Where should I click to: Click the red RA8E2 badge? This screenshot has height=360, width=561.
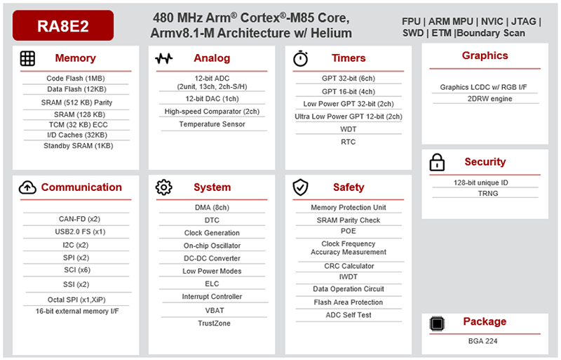pos(63,25)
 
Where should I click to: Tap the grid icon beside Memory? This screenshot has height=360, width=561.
pos(27,58)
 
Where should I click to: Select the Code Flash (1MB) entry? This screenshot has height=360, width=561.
pos(75,79)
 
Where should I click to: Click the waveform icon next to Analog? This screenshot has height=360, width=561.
pos(163,58)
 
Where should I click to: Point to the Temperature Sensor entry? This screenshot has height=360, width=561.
pos(212,124)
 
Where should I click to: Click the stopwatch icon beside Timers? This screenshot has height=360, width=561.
pos(300,58)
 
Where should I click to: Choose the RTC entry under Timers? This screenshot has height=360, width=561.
pos(349,142)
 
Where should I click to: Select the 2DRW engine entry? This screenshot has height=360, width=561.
pos(485,99)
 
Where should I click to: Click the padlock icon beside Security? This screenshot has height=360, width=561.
pos(437,163)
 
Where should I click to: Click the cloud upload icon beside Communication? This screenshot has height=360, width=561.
pos(27,187)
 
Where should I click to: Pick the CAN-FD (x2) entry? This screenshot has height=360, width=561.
pos(75,219)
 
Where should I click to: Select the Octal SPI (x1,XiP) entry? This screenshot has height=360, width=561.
pos(75,298)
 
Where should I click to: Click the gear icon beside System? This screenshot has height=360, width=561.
pos(163,187)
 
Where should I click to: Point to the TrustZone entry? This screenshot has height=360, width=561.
pos(212,324)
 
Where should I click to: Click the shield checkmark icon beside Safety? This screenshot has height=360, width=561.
pos(300,187)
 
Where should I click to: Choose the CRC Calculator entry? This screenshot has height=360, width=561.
pos(349,266)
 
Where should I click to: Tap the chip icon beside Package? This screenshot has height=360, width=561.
pos(437,322)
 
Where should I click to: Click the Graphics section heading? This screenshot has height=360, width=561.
pos(485,55)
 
